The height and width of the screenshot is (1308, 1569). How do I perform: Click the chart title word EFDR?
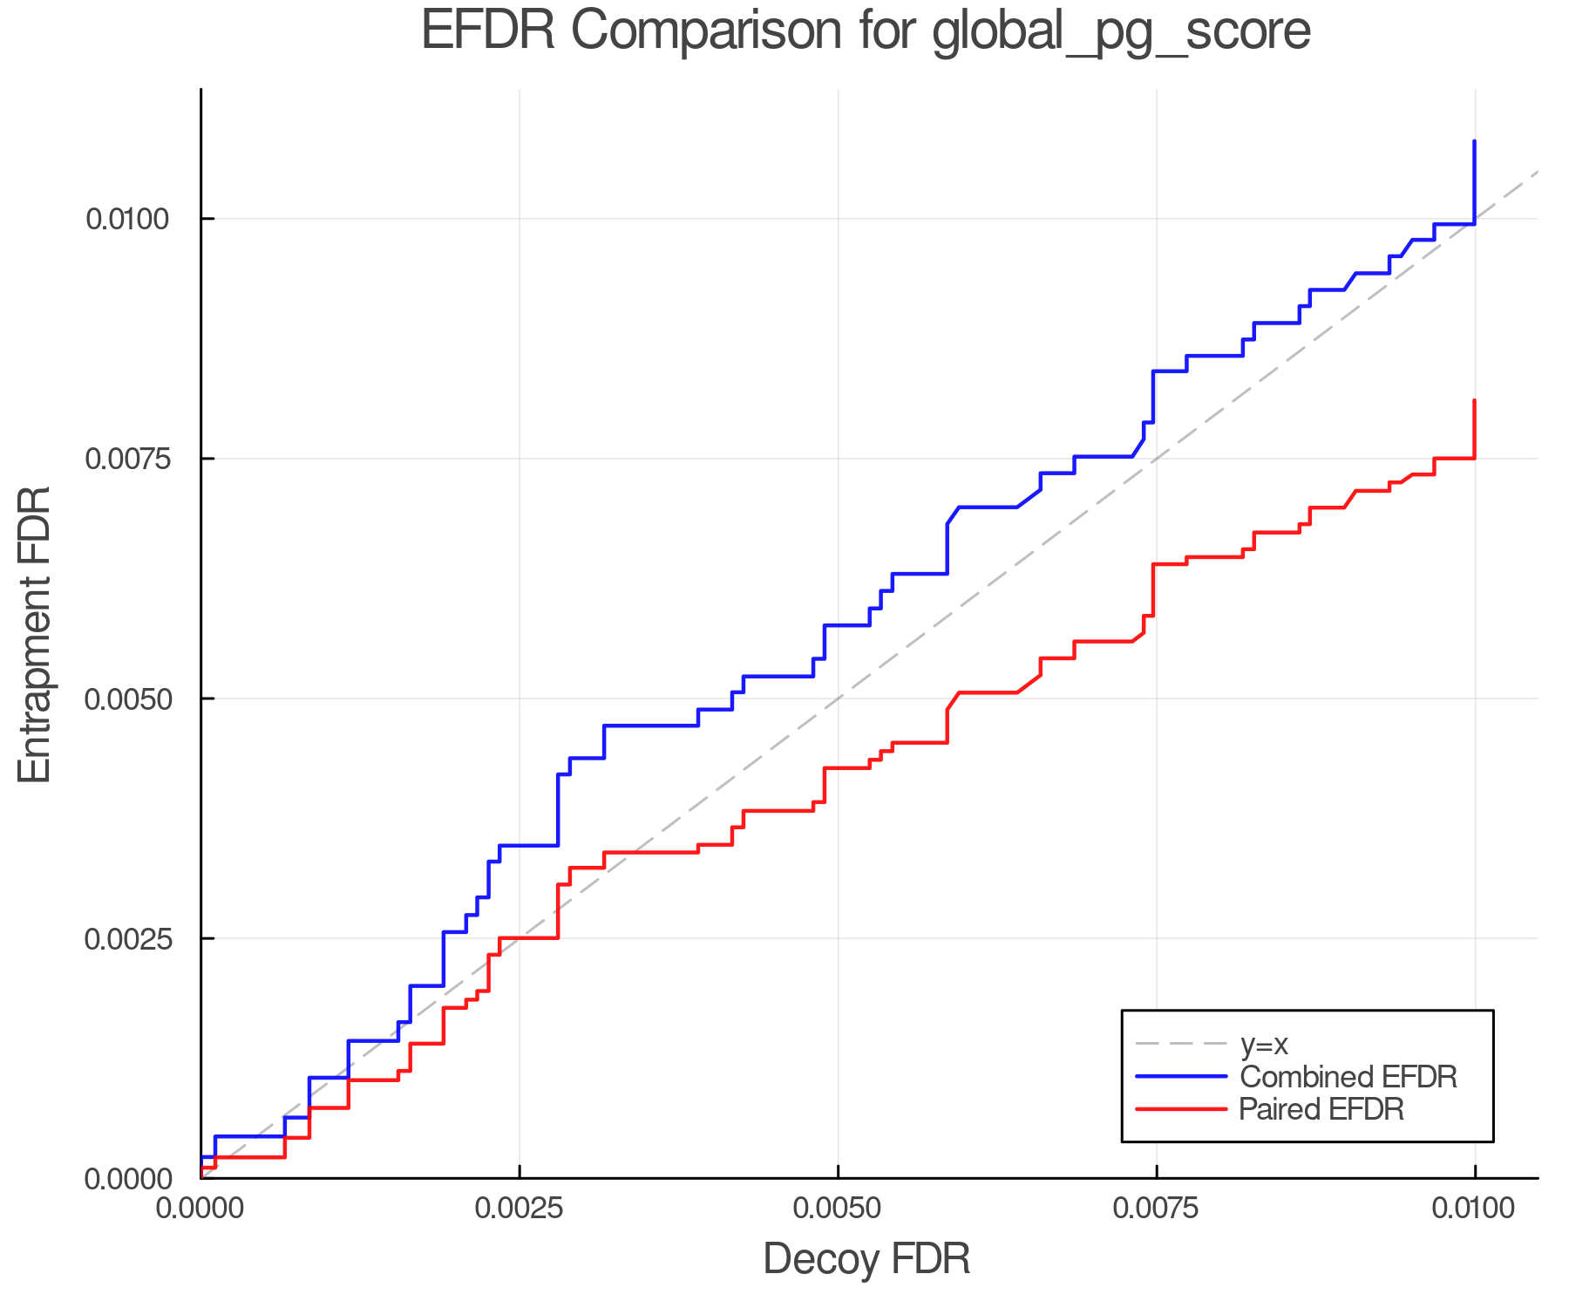pyautogui.click(x=487, y=31)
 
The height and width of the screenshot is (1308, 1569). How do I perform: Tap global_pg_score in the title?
pyautogui.click(x=1121, y=33)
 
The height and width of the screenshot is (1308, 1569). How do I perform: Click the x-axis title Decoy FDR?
pyautogui.click(x=866, y=1259)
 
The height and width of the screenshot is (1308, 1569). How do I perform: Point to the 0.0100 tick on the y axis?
pyautogui.click(x=126, y=219)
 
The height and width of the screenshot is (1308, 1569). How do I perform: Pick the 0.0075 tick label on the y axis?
pyautogui.click(x=126, y=459)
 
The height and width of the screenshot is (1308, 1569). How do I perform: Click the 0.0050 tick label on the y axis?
pyautogui.click(x=126, y=698)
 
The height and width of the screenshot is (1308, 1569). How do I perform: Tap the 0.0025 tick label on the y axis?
pyautogui.click(x=126, y=939)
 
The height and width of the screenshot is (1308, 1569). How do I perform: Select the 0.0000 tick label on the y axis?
pyautogui.click(x=126, y=1179)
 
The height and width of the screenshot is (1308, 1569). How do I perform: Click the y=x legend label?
pyautogui.click(x=1263, y=1044)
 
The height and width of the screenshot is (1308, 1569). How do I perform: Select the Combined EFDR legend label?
pyautogui.click(x=1348, y=1077)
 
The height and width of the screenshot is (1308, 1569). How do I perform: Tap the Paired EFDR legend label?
pyautogui.click(x=1321, y=1109)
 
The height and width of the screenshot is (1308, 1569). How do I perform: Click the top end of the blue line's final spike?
pyautogui.click(x=1474, y=141)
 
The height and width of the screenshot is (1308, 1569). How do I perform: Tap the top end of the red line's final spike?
pyautogui.click(x=1474, y=401)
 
